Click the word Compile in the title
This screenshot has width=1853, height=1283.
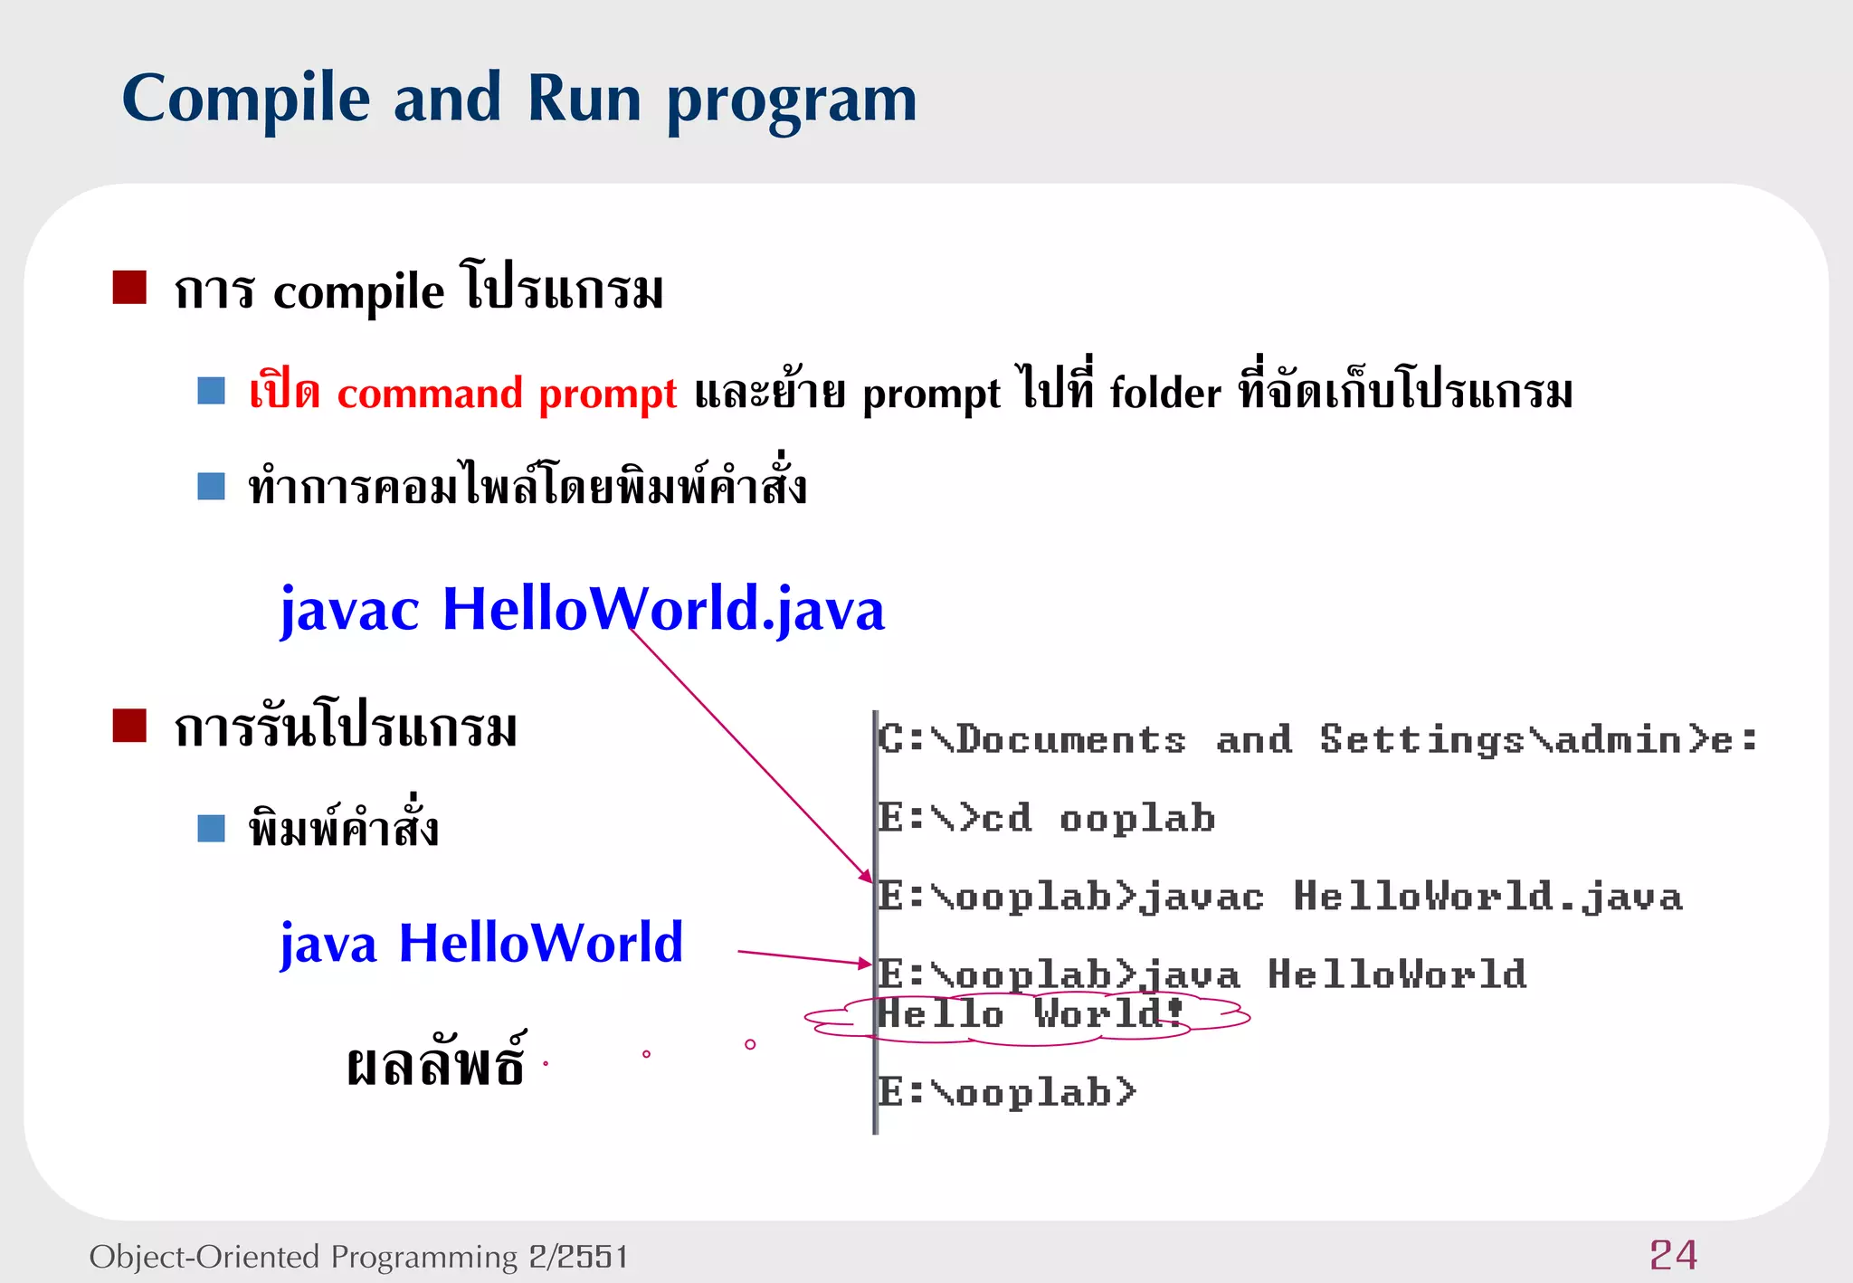click(246, 99)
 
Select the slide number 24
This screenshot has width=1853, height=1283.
click(1673, 1255)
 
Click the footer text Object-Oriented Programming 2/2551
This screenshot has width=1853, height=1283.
click(358, 1257)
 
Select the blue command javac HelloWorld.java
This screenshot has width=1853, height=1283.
click(582, 609)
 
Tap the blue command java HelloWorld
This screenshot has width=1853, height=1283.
click(481, 943)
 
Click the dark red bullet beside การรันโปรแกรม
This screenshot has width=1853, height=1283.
click(129, 726)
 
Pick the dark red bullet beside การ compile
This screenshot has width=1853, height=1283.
click(129, 288)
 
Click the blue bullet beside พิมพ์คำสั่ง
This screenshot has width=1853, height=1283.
click(211, 828)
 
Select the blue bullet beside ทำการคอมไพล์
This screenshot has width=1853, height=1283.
click(211, 486)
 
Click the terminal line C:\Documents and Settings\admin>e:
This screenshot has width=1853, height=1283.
click(1316, 740)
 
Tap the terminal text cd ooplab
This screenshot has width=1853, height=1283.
click(1098, 819)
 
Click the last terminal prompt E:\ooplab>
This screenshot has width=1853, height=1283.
click(1007, 1093)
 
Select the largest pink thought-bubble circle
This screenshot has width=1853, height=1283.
click(750, 1044)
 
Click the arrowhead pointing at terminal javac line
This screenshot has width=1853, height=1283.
click(867, 876)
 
